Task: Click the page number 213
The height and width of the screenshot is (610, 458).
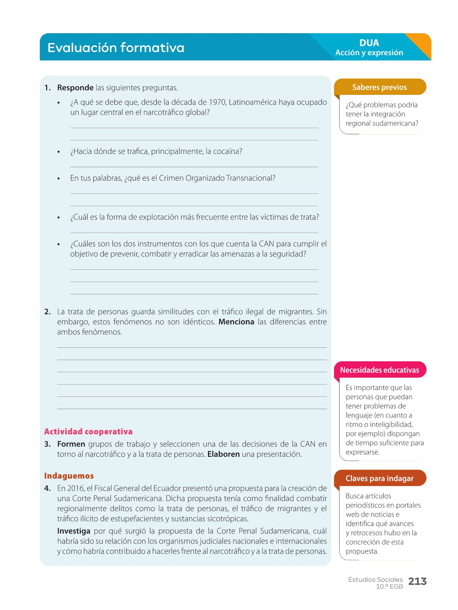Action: click(417, 582)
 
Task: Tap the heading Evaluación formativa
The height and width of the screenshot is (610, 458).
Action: click(116, 48)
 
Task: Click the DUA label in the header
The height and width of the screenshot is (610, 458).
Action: click(369, 43)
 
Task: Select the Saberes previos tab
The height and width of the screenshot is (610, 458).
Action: click(379, 87)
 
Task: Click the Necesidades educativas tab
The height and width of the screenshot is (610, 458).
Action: click(379, 370)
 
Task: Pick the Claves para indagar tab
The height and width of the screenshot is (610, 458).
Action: click(379, 479)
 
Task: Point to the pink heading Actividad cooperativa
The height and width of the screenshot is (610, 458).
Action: click(88, 432)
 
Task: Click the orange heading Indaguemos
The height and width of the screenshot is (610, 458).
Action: click(69, 476)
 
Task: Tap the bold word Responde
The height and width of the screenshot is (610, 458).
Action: click(75, 88)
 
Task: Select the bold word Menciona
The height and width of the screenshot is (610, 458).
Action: click(236, 322)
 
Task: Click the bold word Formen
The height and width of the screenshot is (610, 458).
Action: click(71, 444)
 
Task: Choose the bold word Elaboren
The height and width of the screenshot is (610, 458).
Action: click(224, 454)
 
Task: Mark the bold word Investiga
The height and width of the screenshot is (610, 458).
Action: click(74, 531)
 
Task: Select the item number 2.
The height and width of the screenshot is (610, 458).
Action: click(47, 312)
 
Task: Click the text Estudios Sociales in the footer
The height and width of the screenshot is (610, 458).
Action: click(375, 580)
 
